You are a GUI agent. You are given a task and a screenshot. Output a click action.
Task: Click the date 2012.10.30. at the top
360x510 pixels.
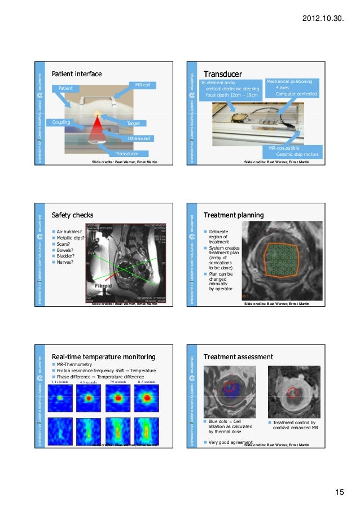tap(323, 19)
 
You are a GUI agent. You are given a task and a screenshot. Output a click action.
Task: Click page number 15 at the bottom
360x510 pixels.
tap(339, 493)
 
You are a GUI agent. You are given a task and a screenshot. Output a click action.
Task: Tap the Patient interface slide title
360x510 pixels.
tap(77, 74)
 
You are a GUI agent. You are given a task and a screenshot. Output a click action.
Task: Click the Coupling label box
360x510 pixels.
tap(62, 122)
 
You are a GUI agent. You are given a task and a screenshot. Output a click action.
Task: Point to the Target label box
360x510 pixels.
tap(134, 123)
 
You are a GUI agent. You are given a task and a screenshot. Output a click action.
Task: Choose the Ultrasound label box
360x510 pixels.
tap(139, 138)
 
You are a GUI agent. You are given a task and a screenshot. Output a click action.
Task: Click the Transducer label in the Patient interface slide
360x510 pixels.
tap(127, 154)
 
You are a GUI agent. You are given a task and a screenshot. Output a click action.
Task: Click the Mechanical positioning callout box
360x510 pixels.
tap(292, 88)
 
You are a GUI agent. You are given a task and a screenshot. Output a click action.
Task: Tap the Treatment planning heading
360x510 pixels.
tap(233, 215)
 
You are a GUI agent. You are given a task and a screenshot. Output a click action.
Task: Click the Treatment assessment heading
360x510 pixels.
tap(238, 357)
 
